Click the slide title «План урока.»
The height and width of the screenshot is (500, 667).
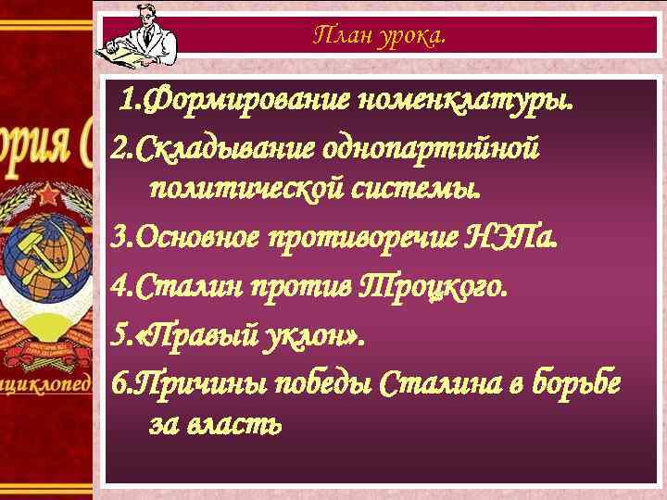tap(379, 36)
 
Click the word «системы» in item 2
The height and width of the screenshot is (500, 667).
tap(426, 191)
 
